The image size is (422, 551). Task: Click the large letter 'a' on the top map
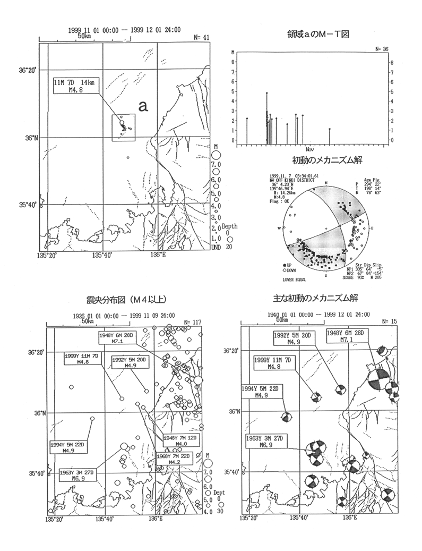(142, 106)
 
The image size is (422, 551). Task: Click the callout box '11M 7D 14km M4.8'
(75, 86)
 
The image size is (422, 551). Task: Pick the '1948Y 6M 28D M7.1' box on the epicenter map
(118, 338)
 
